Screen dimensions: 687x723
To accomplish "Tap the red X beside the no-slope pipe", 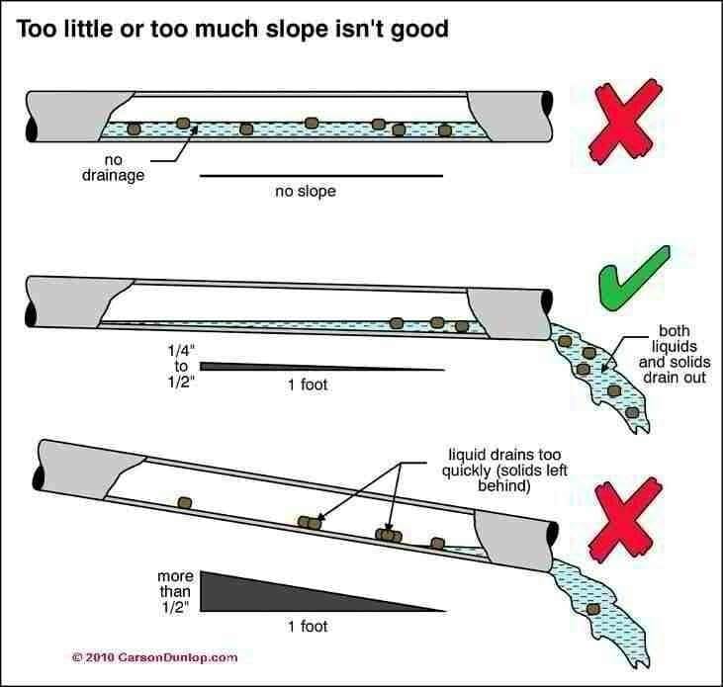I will [x=622, y=123].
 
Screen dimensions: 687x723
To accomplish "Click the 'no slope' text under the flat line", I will [x=305, y=191].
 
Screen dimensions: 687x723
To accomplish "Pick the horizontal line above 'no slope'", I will [x=321, y=176].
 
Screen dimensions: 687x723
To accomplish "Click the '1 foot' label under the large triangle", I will [x=307, y=627].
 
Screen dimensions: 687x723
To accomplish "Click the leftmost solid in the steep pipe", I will [x=184, y=502].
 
